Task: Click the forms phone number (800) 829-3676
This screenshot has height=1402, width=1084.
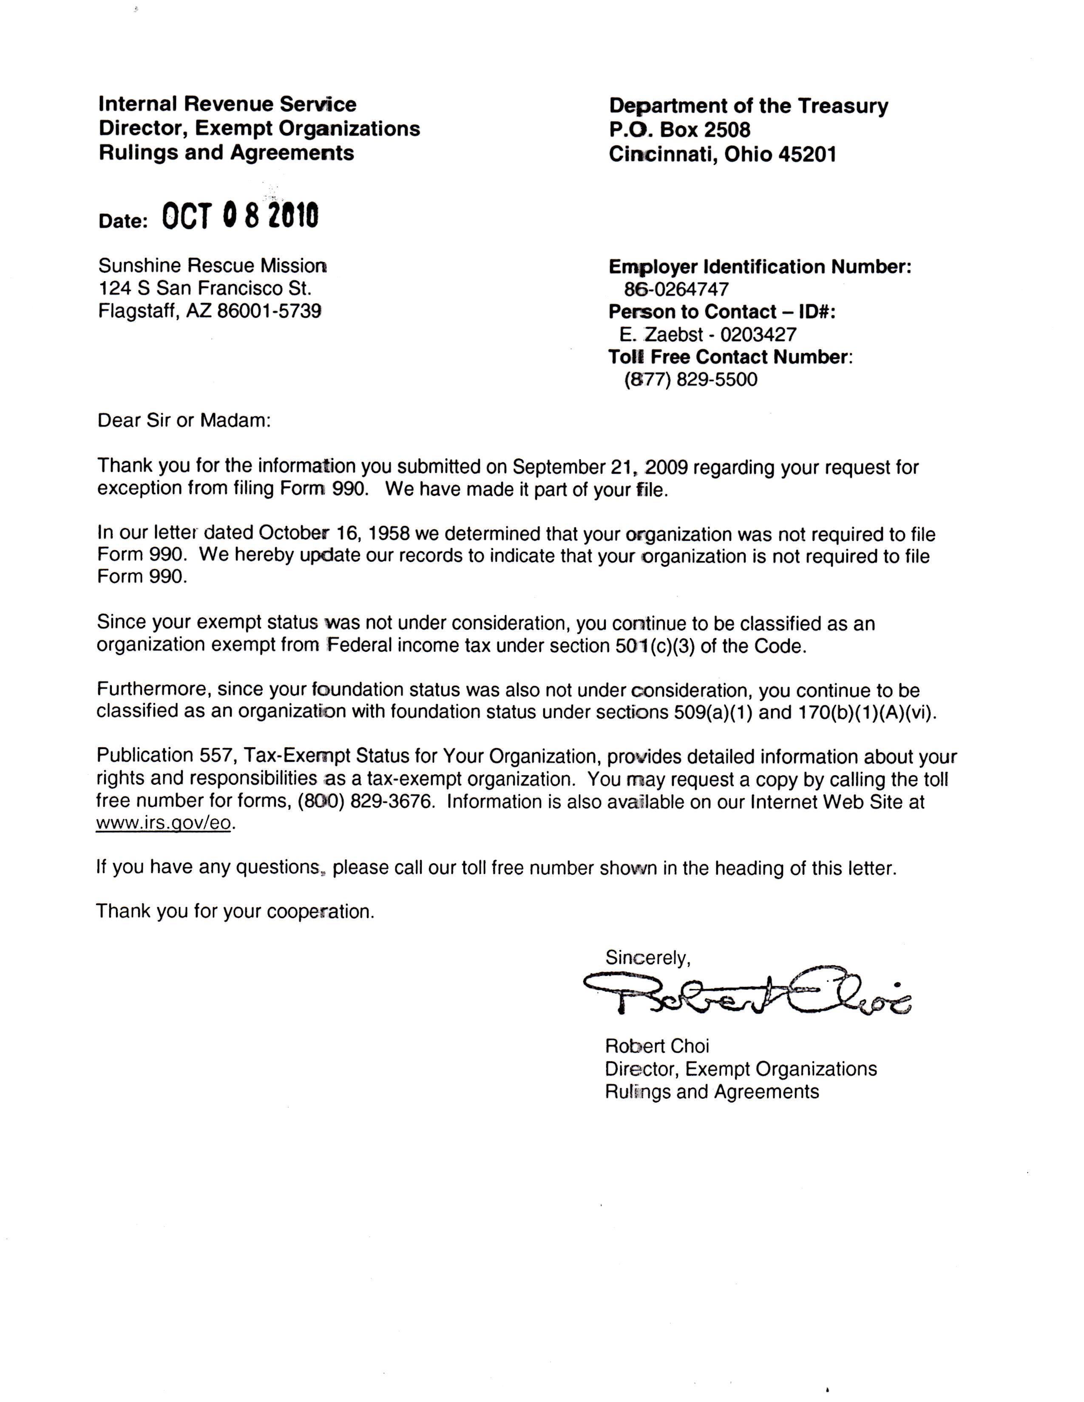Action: [364, 803]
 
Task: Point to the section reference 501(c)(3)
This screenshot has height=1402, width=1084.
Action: [652, 645]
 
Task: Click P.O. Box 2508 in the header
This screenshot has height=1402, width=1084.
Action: [679, 130]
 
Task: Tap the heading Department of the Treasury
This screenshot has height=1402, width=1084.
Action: [748, 106]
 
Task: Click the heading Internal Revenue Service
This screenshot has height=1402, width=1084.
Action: [227, 104]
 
